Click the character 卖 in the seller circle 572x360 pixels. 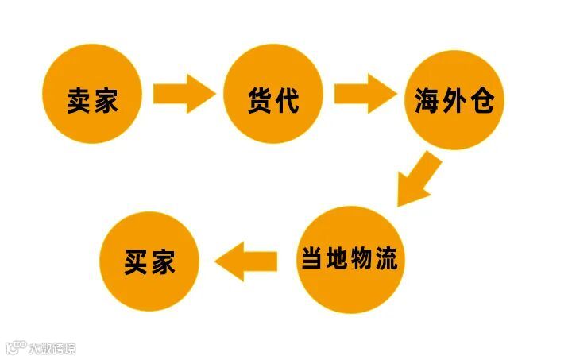click(80, 100)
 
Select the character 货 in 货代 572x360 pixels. click(260, 100)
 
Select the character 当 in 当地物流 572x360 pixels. click(311, 260)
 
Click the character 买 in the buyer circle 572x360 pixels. click(137, 263)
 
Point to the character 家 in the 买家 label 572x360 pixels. click(163, 263)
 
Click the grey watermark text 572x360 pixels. click(52, 348)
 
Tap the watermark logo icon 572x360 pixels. click(15, 348)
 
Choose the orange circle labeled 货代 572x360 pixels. click(273, 94)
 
